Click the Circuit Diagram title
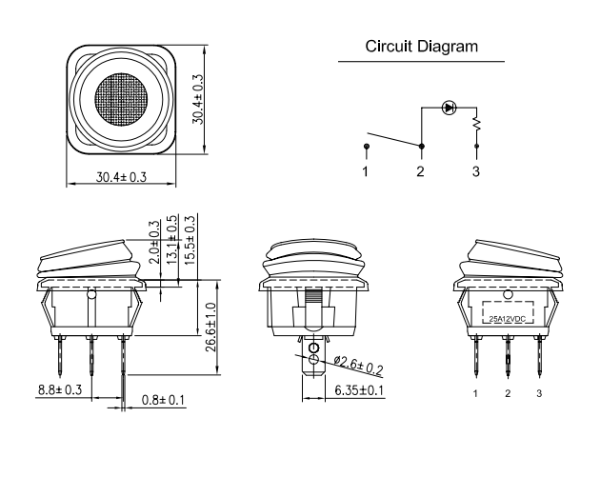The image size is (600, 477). click(421, 47)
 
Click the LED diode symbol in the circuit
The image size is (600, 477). click(449, 108)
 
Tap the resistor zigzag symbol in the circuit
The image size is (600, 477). click(476, 124)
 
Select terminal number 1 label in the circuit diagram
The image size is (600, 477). click(366, 171)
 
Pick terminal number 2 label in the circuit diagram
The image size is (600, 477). click(421, 171)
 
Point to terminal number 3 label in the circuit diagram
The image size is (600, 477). click(475, 171)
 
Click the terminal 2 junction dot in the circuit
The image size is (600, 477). click(422, 146)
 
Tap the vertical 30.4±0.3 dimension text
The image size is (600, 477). click(198, 99)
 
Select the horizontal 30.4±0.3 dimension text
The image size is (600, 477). click(121, 177)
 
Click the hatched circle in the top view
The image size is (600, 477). click(121, 99)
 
